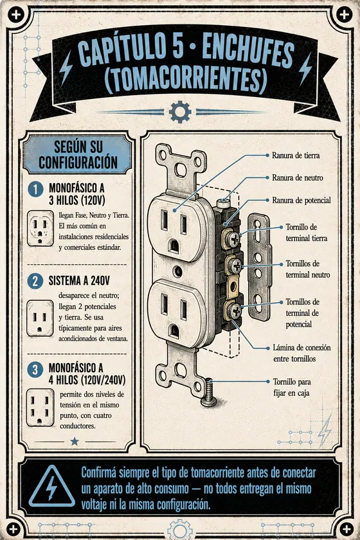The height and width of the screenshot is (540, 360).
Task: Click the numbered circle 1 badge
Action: (35, 190)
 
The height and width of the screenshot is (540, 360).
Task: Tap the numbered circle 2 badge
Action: (35, 281)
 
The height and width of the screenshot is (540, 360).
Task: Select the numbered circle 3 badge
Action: (35, 370)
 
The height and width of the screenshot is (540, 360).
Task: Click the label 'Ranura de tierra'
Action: (296, 156)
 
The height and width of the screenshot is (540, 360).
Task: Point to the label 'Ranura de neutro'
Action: (298, 177)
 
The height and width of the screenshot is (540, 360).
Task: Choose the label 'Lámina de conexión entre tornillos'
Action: (301, 353)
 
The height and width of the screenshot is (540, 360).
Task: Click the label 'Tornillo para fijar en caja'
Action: (292, 387)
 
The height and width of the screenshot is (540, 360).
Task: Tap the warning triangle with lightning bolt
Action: (51, 487)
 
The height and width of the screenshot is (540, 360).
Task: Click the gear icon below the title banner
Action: (180, 112)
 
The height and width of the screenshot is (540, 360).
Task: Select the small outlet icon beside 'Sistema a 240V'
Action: (40, 318)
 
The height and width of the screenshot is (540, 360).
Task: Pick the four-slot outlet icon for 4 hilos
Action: (40, 408)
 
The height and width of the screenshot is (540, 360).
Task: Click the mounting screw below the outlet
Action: (208, 393)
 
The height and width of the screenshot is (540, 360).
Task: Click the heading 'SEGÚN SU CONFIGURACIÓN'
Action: (78, 155)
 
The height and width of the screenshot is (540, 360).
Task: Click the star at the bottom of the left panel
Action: (75, 441)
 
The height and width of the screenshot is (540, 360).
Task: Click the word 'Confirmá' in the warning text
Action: (98, 473)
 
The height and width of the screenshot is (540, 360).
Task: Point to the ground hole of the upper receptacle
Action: (174, 246)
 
